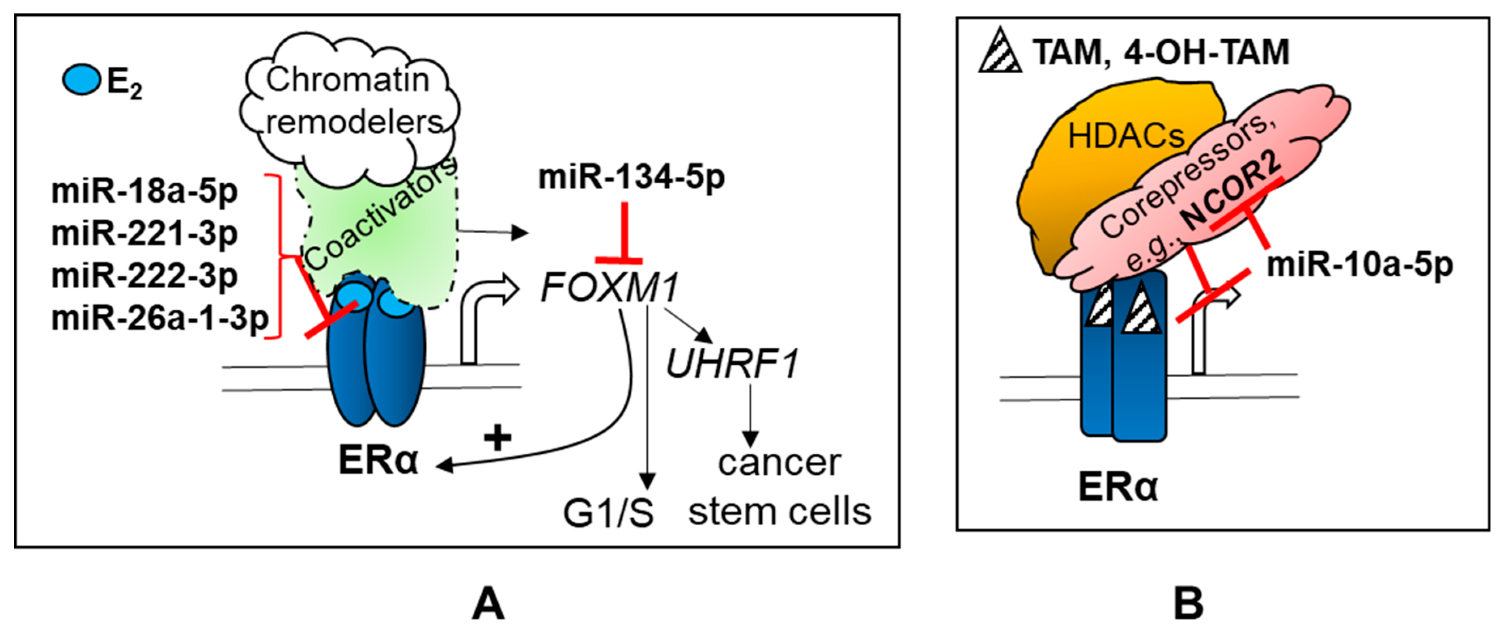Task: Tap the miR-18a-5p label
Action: pyautogui.click(x=145, y=191)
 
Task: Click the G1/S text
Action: pyautogui.click(x=608, y=513)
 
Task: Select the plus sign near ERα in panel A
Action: pyautogui.click(x=498, y=438)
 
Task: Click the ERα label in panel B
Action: pyautogui.click(x=1118, y=486)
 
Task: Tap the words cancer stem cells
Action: pyautogui.click(x=779, y=487)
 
